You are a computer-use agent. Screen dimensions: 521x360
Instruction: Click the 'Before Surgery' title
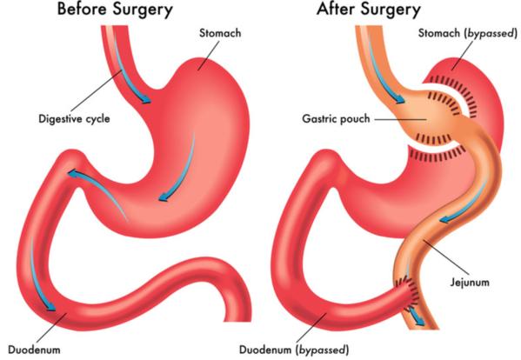[115, 10]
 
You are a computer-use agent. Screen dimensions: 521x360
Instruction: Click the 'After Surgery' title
[369, 10]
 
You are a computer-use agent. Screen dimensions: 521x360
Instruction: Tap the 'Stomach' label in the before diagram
[220, 33]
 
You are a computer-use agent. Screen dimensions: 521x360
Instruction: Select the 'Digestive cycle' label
[74, 119]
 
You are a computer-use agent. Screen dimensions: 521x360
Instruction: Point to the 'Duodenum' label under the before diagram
[34, 350]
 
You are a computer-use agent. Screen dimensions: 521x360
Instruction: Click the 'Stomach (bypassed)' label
[468, 33]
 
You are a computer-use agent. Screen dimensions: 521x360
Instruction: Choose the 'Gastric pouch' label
[336, 119]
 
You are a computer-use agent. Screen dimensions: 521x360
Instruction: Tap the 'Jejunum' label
[470, 283]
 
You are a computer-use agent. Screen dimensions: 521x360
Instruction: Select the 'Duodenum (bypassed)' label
[294, 350]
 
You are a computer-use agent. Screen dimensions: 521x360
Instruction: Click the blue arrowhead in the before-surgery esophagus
[145, 99]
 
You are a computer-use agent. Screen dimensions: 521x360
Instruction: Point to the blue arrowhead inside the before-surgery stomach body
[164, 197]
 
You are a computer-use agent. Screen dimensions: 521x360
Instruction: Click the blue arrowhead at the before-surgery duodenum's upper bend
[73, 173]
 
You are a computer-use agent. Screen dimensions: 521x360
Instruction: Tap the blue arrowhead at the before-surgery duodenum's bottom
[50, 307]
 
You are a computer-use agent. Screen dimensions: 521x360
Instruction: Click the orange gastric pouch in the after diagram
[425, 119]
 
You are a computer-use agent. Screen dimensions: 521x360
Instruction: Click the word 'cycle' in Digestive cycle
[97, 119]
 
